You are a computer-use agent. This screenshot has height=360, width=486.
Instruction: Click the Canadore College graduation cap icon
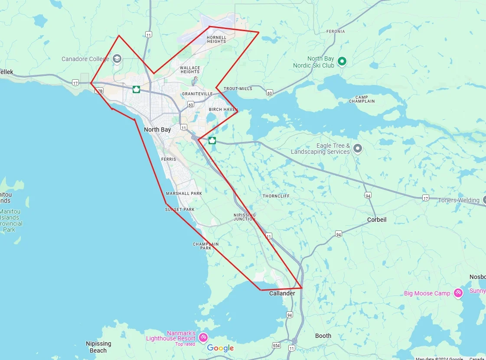[x=117, y=58]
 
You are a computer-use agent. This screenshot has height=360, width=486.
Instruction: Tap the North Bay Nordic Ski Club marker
[x=342, y=62]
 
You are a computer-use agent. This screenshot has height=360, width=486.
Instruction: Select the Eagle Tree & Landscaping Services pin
[x=357, y=149]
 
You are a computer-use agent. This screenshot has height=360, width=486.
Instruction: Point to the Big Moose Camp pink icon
[x=458, y=293]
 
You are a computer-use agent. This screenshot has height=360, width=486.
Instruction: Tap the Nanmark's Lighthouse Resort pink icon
[x=202, y=337]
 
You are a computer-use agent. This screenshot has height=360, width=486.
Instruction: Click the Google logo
[x=220, y=348]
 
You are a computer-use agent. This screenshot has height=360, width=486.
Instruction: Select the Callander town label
[x=282, y=293]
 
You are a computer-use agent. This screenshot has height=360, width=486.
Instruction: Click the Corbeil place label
[x=376, y=220]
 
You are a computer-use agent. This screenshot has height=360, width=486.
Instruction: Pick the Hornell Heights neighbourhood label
[x=216, y=39]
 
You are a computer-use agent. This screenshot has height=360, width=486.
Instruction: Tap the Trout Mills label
[x=238, y=89]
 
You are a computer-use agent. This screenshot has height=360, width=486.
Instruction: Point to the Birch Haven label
[x=223, y=110]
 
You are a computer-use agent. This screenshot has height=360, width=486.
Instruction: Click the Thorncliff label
[x=276, y=196]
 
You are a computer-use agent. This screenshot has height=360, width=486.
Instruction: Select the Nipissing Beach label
[x=98, y=347]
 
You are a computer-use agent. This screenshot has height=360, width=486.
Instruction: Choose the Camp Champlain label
[x=362, y=99]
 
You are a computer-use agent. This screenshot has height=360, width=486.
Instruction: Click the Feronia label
[x=336, y=32]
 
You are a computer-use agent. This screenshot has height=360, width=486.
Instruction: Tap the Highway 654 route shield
[x=277, y=345]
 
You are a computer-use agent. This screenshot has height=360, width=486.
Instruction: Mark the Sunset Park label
[x=179, y=210]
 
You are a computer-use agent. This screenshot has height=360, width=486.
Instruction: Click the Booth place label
[x=323, y=336]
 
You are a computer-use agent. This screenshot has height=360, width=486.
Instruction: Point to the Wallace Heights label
[x=190, y=70]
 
